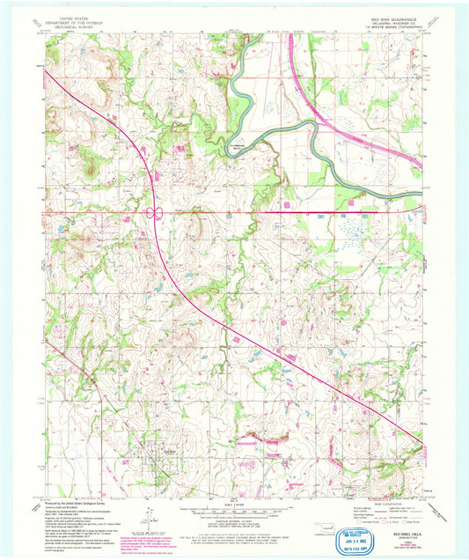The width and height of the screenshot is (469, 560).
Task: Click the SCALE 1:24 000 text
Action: point(234,504)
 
